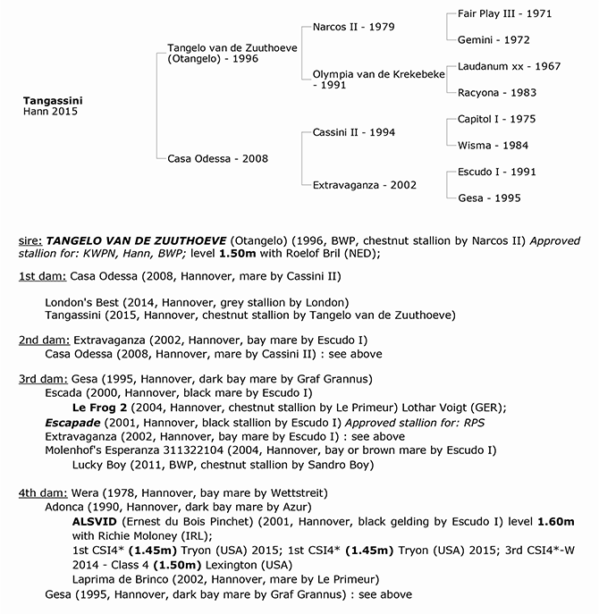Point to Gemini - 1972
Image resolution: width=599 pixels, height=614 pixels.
coord(493,40)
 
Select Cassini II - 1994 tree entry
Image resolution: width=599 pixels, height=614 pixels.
coord(354,132)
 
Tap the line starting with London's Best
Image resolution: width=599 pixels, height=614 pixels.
coord(197,301)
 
